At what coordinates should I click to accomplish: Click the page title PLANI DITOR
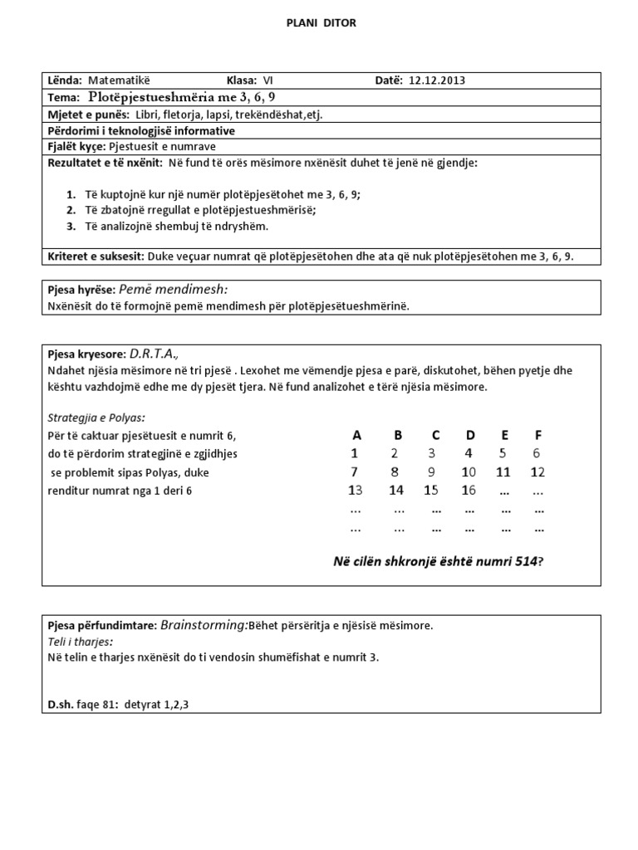(321, 24)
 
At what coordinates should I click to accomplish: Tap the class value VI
(267, 81)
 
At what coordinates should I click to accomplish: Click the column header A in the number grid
(356, 435)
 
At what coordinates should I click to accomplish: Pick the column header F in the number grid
(537, 435)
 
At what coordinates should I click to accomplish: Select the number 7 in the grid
(356, 472)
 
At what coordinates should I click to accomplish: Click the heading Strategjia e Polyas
(97, 418)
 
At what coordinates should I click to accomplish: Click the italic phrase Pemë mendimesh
(174, 290)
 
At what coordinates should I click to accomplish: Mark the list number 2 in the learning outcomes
(71, 210)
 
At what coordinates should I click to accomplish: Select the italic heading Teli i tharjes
(81, 642)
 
